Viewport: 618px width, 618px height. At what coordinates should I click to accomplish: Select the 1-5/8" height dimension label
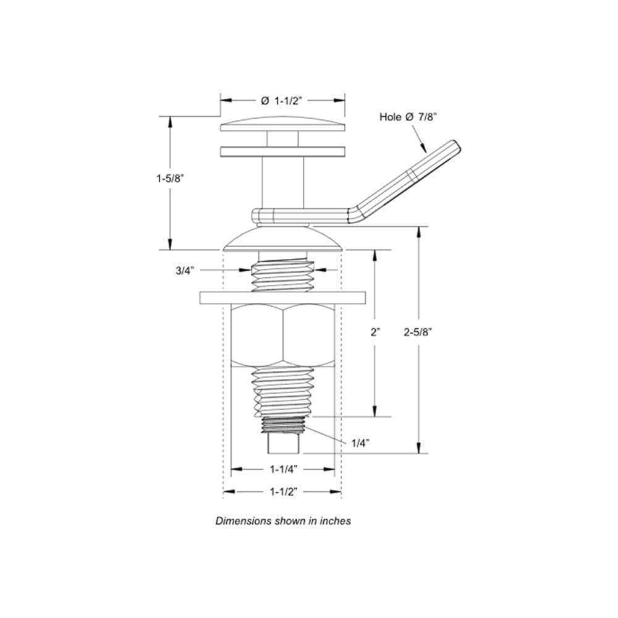171,179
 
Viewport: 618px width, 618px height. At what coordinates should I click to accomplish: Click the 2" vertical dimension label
375,332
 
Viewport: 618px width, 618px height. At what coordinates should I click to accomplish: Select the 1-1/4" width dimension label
284,470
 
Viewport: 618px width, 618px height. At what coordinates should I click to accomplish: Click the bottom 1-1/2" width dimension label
284,492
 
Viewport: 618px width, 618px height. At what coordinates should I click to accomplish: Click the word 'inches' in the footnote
336,521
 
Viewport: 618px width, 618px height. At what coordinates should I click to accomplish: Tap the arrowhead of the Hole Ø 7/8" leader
425,150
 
